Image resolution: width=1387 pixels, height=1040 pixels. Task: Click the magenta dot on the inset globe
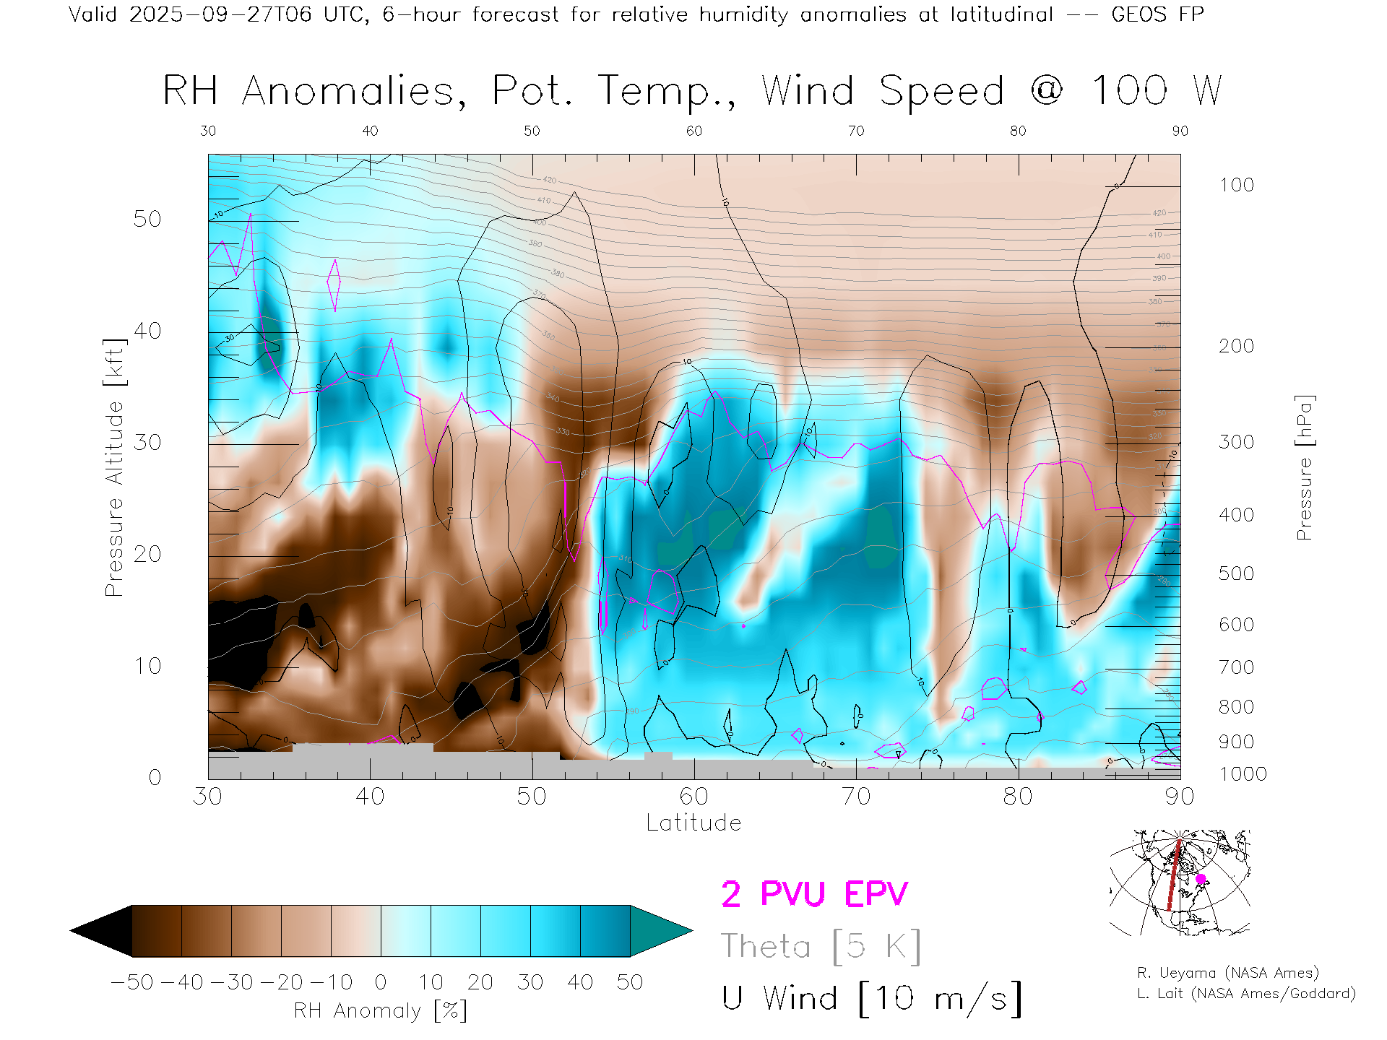(1201, 879)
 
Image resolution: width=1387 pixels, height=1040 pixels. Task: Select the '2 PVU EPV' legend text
(814, 894)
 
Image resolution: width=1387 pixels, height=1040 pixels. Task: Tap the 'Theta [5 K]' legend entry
(821, 946)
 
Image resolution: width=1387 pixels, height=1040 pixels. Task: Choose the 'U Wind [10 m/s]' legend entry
(871, 999)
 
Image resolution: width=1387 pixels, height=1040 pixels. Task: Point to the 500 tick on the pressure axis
(1236, 573)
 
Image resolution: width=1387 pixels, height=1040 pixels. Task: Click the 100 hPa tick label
(1236, 185)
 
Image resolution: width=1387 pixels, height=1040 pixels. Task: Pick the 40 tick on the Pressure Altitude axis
(147, 331)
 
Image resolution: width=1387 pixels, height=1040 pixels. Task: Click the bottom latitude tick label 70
(856, 797)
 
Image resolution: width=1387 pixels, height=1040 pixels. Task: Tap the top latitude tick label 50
(532, 131)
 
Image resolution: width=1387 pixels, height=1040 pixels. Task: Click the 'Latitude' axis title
(693, 823)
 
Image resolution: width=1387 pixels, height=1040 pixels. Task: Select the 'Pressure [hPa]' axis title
(1304, 467)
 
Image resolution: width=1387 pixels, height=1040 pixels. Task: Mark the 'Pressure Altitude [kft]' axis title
(114, 467)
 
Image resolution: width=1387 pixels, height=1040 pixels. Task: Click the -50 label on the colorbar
(132, 982)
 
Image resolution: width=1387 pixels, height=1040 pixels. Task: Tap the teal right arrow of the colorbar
(659, 931)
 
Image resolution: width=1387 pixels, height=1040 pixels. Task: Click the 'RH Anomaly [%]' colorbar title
(380, 1010)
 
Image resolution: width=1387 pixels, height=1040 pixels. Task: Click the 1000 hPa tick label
(1243, 774)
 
